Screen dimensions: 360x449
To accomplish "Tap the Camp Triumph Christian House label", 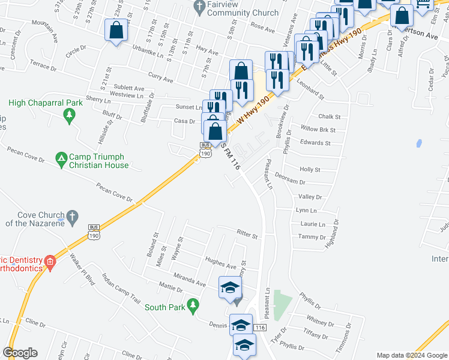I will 99,161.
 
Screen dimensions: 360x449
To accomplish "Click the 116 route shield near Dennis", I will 259,328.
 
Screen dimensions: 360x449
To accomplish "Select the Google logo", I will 20,353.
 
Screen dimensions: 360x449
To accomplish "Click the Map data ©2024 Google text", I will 411,355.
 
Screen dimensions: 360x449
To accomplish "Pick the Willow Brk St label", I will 318,129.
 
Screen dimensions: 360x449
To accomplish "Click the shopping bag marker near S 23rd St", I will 115,29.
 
